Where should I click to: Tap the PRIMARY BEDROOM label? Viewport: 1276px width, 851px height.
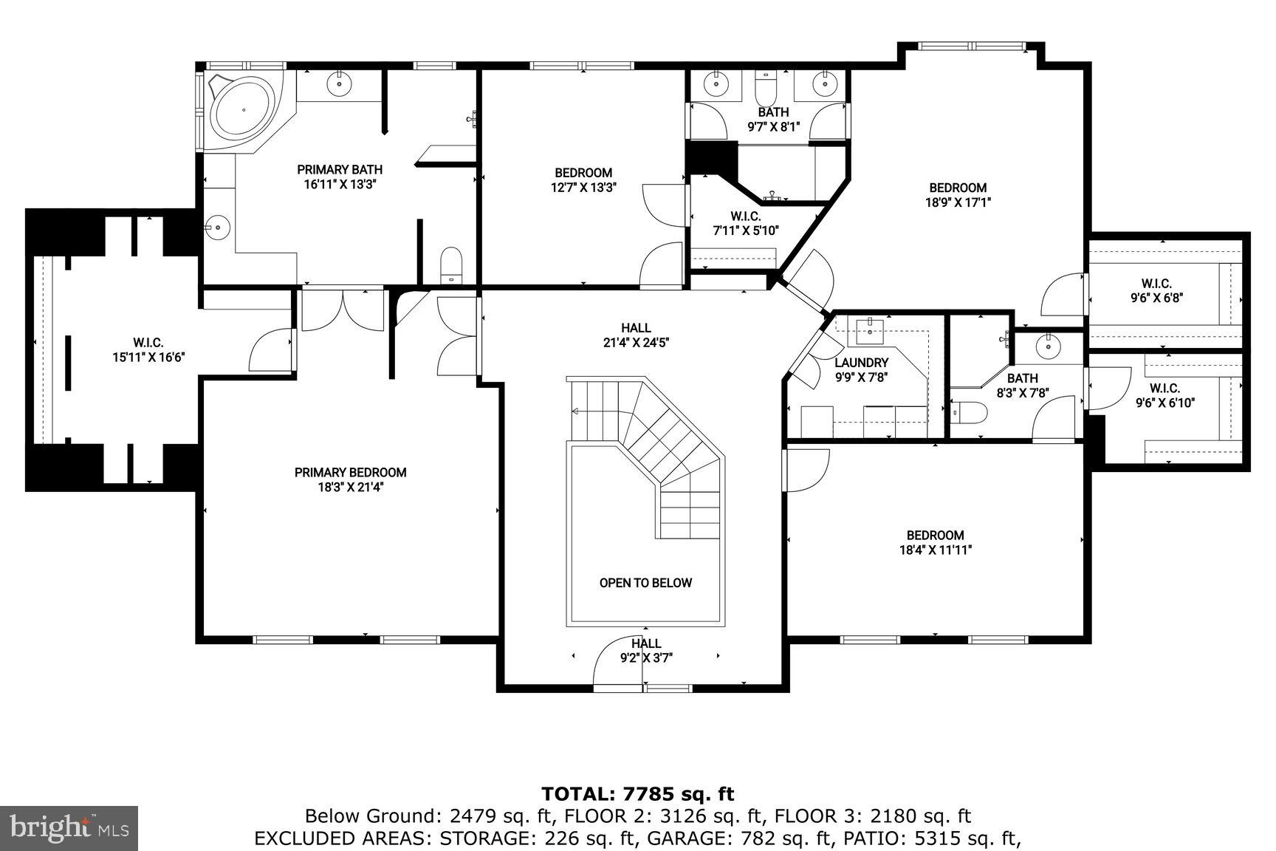click(350, 473)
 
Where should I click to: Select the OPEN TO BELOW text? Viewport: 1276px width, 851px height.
click(645, 583)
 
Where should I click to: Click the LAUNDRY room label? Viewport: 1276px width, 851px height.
click(861, 363)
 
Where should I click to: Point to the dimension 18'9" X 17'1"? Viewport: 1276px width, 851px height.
click(958, 202)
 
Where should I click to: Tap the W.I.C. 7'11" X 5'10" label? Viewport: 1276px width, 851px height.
click(746, 223)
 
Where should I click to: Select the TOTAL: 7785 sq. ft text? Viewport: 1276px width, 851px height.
click(638, 794)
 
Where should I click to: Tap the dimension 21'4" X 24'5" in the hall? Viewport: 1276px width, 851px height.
click(636, 343)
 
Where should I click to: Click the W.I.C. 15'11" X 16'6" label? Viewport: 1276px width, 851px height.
click(148, 349)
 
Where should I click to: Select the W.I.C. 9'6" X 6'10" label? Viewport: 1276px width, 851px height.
click(1164, 395)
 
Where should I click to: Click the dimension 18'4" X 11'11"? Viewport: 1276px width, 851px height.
click(935, 550)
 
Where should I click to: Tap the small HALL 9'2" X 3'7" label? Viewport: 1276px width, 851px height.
click(645, 650)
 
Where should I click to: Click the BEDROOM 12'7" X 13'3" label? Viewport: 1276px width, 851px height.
click(583, 180)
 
